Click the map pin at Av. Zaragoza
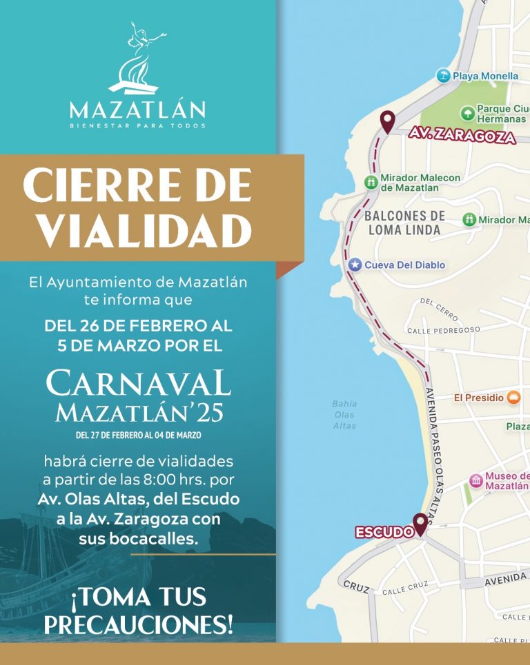coord(387,121)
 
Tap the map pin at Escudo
coord(420,524)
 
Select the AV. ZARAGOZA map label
coord(462,135)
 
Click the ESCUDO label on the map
coord(384,533)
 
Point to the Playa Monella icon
coord(444,75)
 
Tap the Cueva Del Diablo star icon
coord(355,265)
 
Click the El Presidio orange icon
coord(513,397)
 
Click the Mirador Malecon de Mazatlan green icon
coord(370,182)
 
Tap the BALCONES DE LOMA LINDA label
coord(404,223)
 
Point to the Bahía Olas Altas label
coord(344,415)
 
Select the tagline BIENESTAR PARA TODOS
coord(137,126)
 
